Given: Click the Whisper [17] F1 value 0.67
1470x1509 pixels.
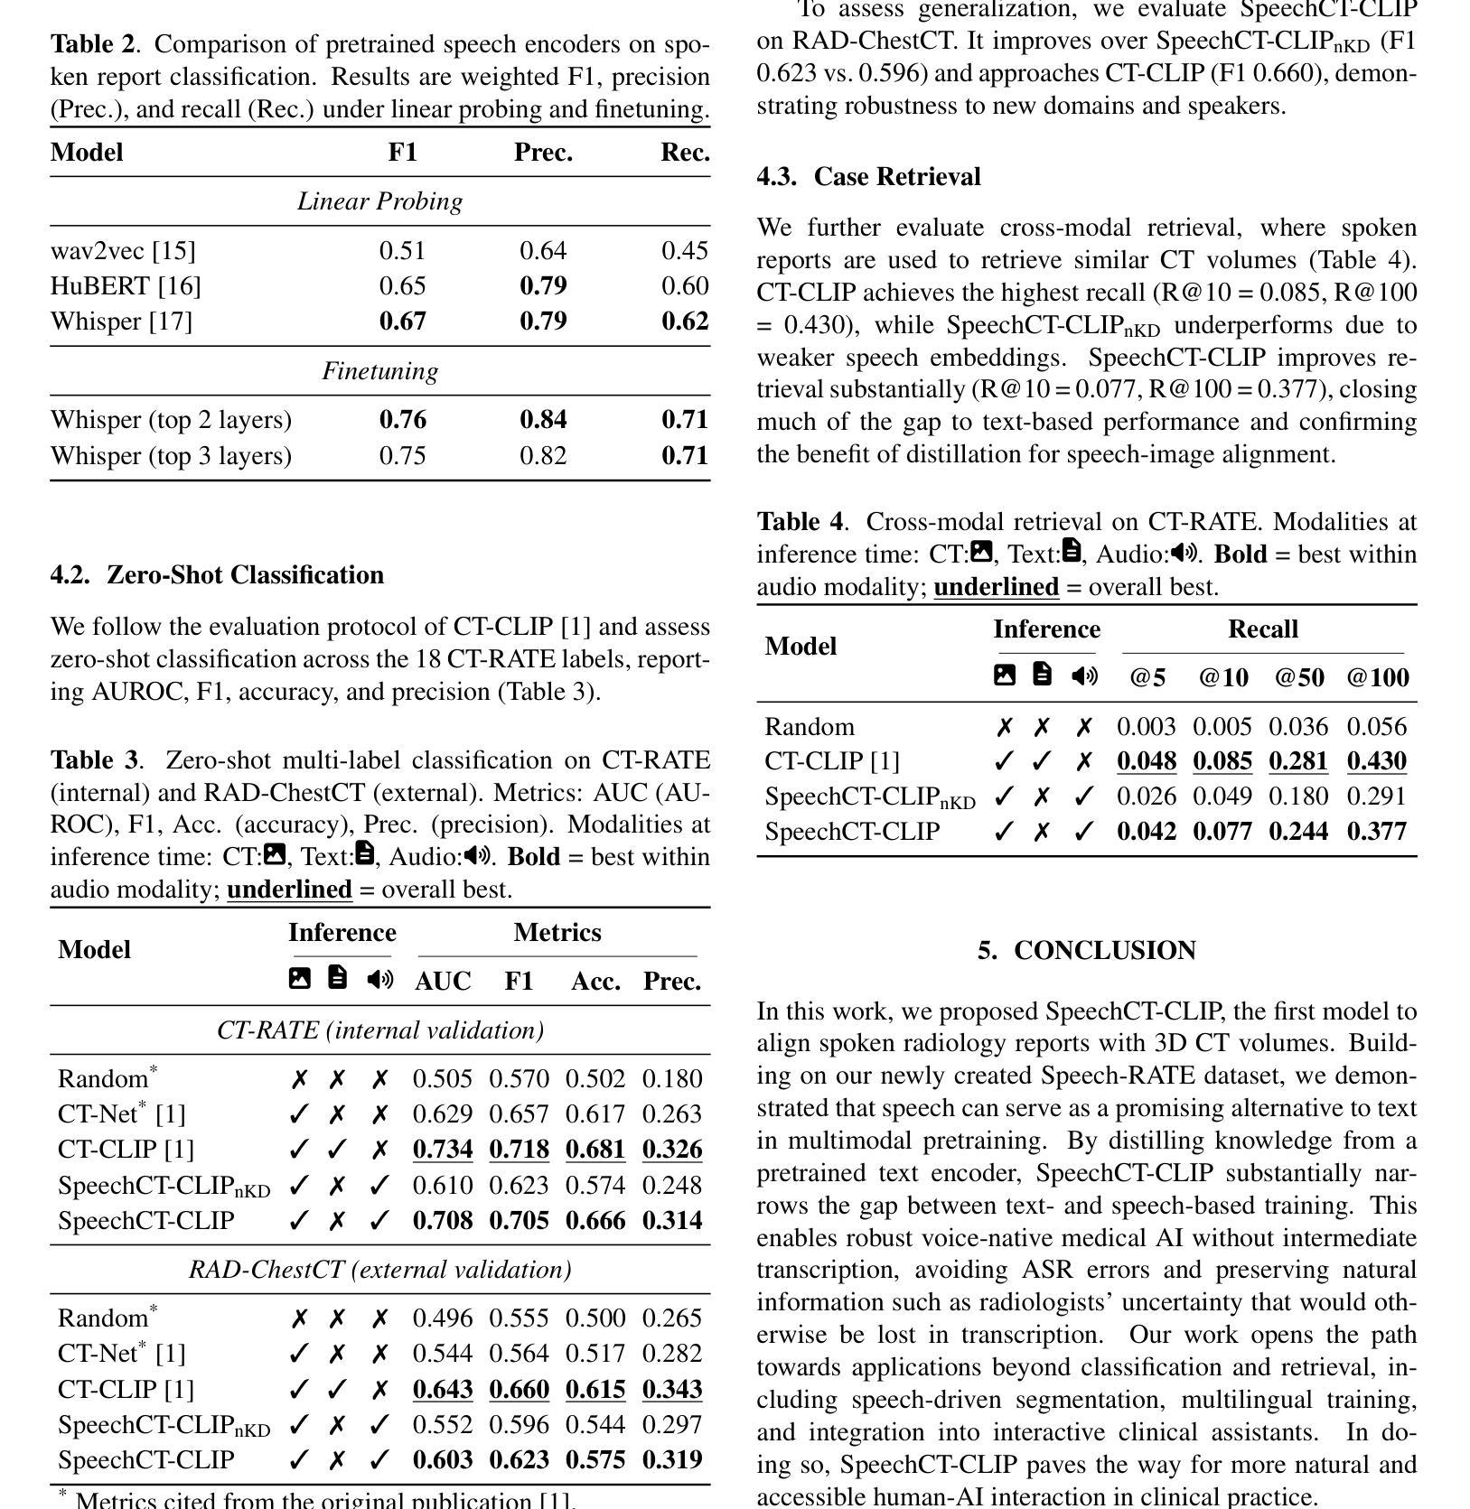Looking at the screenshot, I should point(402,321).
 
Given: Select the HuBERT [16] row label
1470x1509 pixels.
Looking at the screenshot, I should point(126,286).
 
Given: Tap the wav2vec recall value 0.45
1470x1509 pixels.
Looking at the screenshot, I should point(685,250).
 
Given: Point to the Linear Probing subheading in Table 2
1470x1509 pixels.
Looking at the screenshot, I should point(379,201).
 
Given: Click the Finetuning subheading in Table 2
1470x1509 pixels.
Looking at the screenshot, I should point(379,371).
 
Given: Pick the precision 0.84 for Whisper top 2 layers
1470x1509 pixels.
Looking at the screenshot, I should point(543,420).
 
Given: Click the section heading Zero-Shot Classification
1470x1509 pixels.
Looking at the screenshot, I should point(217,575).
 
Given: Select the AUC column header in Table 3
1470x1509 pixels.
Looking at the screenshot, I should point(443,982).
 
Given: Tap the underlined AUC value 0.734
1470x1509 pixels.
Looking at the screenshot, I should point(443,1150).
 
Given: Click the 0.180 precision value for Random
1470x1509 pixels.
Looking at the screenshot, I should point(672,1079).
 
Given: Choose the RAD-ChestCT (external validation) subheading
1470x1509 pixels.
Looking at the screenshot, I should point(379,1270).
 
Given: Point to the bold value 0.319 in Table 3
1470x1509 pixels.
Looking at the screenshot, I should point(672,1460).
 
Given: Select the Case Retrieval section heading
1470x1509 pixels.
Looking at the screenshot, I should point(868,177).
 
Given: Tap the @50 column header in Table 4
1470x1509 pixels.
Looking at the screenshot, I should point(1299,678).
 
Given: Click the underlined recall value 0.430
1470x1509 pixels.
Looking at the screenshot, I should point(1377,761).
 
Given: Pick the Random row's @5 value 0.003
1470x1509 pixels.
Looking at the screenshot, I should point(1147,727).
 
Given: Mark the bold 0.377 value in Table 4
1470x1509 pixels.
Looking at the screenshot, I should point(1377,832).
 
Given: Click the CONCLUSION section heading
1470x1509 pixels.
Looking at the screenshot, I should point(1086,951).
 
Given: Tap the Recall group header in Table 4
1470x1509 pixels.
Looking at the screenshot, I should point(1262,629).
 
